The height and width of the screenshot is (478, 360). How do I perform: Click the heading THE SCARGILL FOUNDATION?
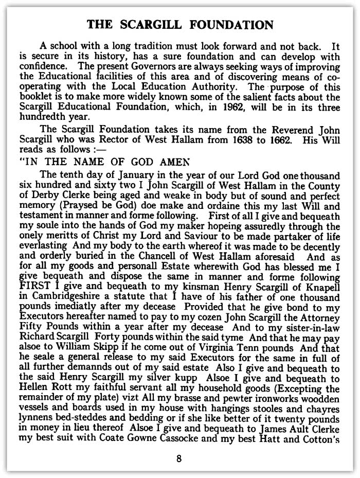coord(179,25)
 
